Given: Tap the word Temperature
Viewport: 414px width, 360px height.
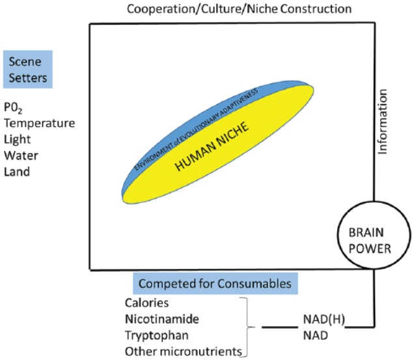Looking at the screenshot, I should [x=40, y=122].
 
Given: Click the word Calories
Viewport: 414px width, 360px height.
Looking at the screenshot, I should [x=146, y=303].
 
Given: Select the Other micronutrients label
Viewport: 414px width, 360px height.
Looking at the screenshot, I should [x=182, y=352].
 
